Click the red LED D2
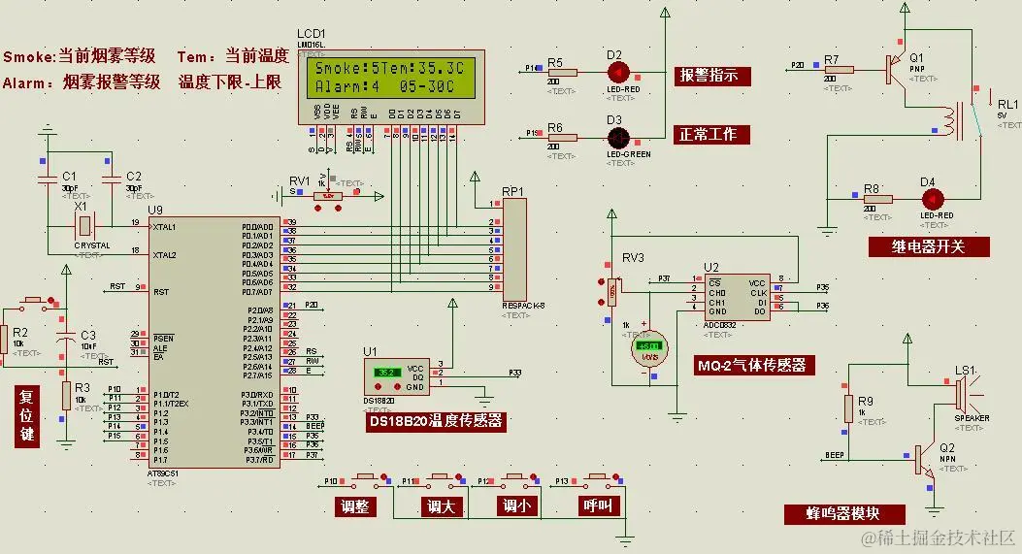tap(618, 72)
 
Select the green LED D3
tap(618, 137)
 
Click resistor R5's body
tap(562, 72)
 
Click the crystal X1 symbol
tap(85, 226)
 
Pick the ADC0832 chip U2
tap(738, 296)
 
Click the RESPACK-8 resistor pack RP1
tap(513, 248)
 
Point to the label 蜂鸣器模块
tap(843, 514)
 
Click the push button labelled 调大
tap(440, 479)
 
